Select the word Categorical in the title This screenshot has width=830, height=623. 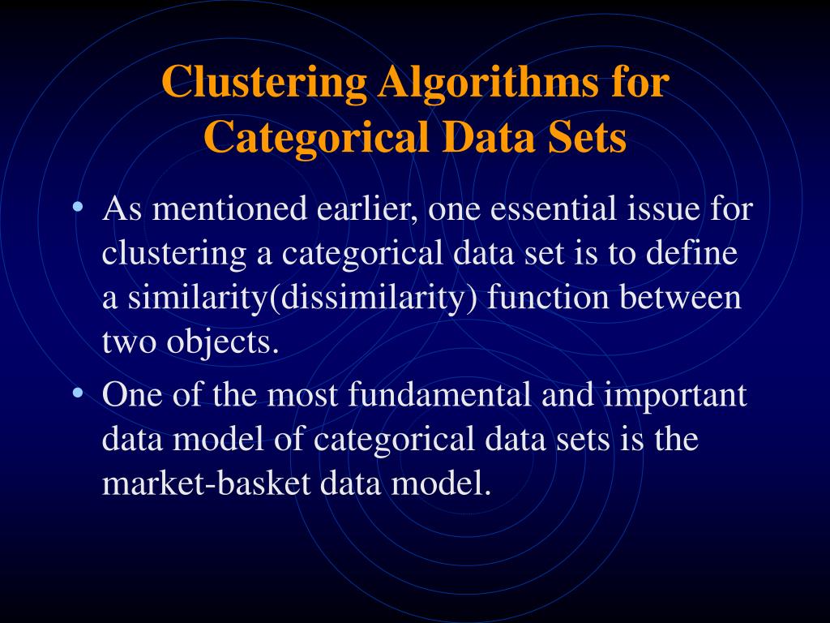pos(316,137)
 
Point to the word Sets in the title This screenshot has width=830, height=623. pos(587,137)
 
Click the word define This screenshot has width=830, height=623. pos(691,253)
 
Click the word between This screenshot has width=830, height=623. pos(681,297)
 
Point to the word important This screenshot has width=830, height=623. pos(675,397)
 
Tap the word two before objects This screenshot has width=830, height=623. pos(130,342)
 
